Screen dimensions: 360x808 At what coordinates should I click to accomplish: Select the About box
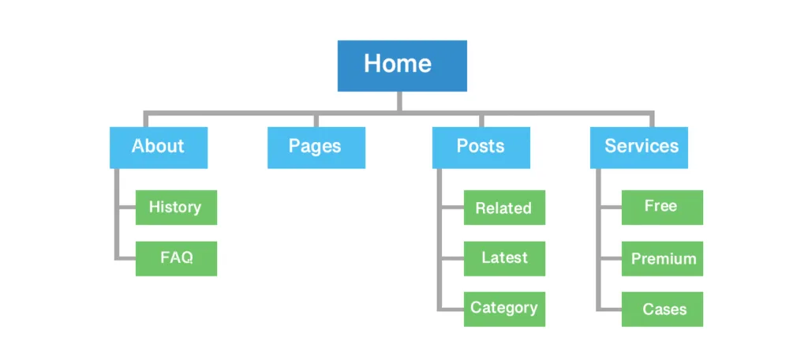coord(159,147)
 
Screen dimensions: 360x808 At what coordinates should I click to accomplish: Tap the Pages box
coord(316,147)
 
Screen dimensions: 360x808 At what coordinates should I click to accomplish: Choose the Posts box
coord(481,147)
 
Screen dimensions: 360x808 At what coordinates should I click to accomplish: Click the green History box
coord(176,208)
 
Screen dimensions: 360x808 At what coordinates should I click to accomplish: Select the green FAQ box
coord(176,258)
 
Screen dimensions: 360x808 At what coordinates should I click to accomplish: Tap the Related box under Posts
coord(504,208)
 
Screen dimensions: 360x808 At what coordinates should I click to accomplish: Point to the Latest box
coord(504,258)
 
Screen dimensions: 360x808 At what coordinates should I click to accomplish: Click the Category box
coord(504,309)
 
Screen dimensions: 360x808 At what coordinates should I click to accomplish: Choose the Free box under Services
coord(662,207)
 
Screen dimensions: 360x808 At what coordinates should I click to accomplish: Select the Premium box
coord(662,258)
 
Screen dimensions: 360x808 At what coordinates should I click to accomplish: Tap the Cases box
coord(662,309)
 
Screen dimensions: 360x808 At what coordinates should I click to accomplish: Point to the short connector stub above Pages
coord(316,120)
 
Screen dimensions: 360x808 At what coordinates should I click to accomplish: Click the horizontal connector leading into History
coord(126,208)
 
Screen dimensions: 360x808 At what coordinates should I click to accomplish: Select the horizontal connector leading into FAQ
coord(126,258)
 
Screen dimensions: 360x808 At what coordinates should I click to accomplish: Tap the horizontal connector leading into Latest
coord(452,258)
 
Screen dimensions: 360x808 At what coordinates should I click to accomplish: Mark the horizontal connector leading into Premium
coord(611,258)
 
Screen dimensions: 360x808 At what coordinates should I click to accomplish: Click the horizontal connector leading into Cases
coord(611,309)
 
